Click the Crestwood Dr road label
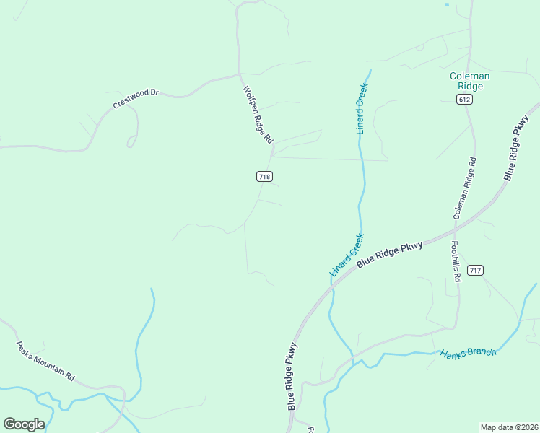[135, 100]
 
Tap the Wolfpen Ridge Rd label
[258, 115]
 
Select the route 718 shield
[264, 176]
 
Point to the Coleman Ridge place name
[469, 81]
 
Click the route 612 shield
[465, 100]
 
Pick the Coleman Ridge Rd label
[465, 188]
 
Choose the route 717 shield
[474, 271]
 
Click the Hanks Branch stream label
[469, 352]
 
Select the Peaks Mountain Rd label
[45, 361]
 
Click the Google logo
[24, 424]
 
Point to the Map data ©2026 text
[509, 427]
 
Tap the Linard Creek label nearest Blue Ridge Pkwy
[347, 255]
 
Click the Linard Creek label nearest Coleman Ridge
[362, 108]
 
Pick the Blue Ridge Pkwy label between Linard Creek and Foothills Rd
[389, 256]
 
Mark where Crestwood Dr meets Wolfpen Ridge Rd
[239, 74]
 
